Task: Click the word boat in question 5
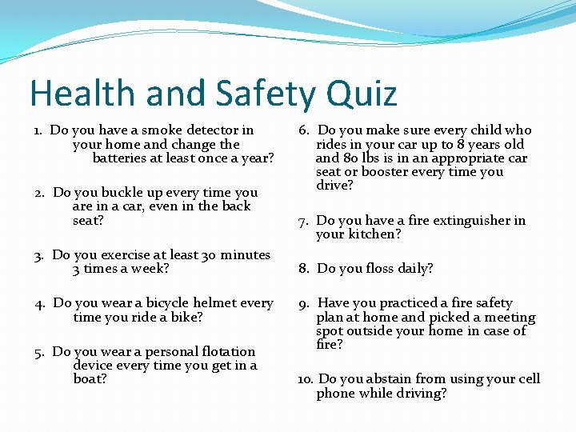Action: [x=88, y=379]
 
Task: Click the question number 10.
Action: [x=306, y=379]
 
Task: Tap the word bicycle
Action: [x=163, y=302]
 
